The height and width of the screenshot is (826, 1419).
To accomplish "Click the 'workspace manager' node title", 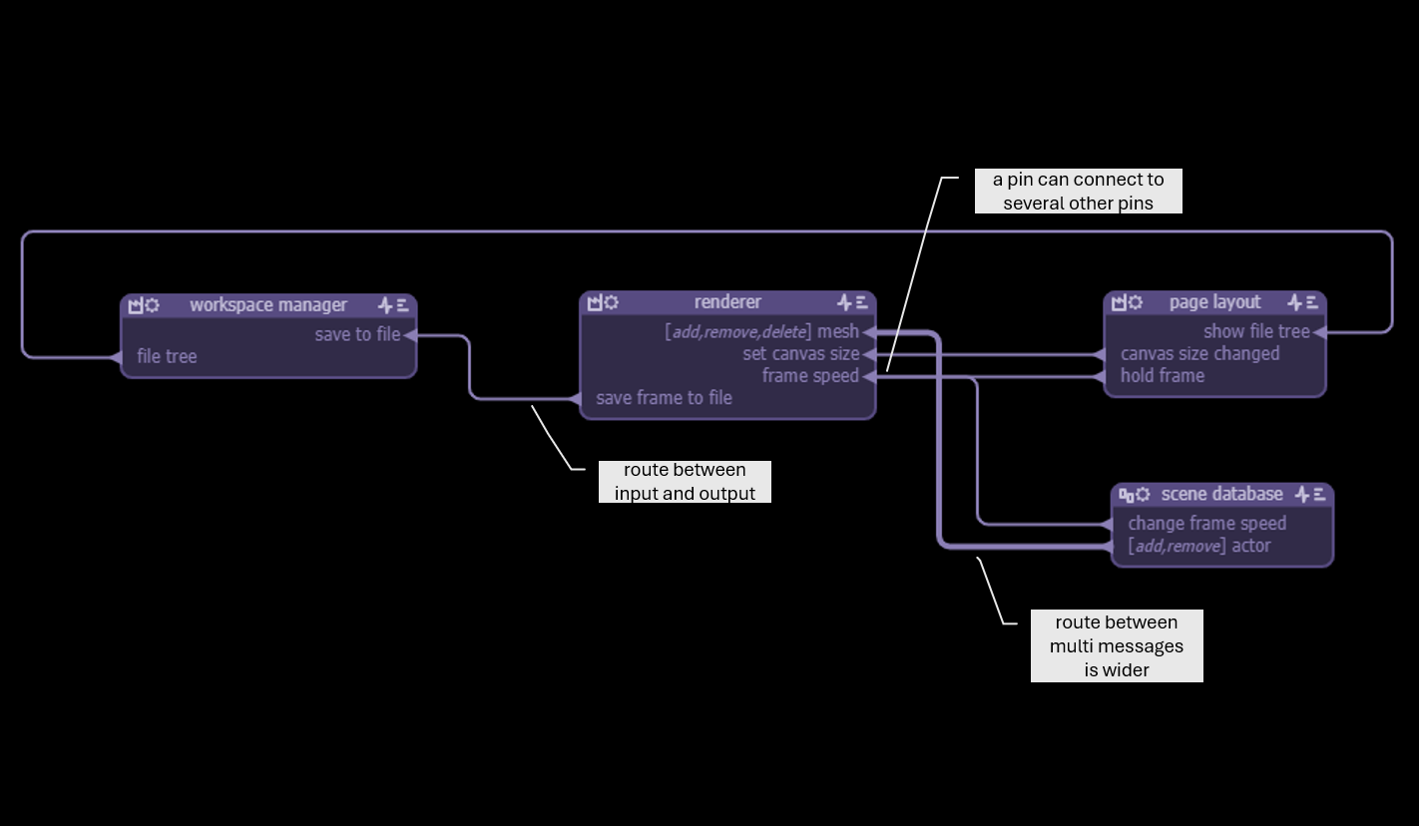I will [x=268, y=305].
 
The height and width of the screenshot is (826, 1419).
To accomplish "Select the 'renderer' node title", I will [x=727, y=302].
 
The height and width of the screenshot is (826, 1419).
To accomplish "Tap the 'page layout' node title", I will [x=1214, y=302].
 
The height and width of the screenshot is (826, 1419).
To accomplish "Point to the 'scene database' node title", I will [x=1221, y=495].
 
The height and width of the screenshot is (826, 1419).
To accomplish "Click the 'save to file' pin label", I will [x=357, y=335].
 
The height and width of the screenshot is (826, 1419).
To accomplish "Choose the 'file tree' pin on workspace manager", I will [x=167, y=357].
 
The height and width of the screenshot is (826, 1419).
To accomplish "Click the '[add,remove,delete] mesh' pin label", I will [x=761, y=332].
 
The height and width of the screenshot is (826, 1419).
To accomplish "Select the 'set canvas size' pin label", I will [x=800, y=354].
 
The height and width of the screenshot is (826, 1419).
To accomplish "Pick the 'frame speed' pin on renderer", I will [x=810, y=376].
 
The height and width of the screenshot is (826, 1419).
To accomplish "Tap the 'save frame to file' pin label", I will [x=664, y=398].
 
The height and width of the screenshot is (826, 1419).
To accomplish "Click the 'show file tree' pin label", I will [x=1256, y=332].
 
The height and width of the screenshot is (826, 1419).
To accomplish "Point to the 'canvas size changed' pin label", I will [x=1199, y=354].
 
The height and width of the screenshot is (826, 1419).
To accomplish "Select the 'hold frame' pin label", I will [x=1162, y=376].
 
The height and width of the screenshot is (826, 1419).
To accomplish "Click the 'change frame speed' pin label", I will [x=1206, y=524].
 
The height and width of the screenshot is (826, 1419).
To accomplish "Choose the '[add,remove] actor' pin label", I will [x=1198, y=546].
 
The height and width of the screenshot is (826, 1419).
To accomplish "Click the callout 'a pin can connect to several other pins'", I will [x=1078, y=192].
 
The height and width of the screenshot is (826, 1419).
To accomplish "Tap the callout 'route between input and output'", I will [x=685, y=482].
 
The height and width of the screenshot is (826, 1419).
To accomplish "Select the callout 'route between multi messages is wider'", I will [x=1117, y=646].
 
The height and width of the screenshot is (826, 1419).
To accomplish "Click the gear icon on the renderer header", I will [x=612, y=302].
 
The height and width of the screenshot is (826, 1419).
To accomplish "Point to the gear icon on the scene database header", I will [x=1143, y=495].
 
